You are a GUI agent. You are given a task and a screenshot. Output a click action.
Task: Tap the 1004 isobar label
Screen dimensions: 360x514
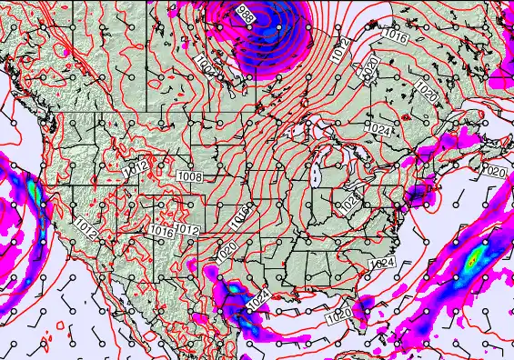205,63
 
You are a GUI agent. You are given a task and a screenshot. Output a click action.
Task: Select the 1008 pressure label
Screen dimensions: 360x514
190,177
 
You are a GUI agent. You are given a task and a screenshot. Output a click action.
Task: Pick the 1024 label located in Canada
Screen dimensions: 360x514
381,131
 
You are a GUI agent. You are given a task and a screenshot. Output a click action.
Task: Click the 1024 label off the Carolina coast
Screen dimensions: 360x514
382,263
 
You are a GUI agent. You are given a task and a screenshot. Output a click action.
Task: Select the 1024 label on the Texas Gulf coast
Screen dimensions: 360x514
257,297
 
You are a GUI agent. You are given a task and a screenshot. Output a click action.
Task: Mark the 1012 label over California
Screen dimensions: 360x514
86,224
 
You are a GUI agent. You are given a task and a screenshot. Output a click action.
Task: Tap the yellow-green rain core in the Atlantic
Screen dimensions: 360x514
471,261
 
